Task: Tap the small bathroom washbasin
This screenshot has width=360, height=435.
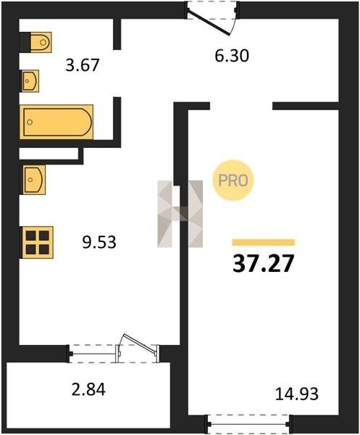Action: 30,80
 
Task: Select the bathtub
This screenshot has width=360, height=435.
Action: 56,122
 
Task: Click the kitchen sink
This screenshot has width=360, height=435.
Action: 33,180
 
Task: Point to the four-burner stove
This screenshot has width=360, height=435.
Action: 37,242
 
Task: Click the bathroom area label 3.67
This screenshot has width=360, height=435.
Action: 83,65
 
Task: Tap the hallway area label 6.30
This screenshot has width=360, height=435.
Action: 232,56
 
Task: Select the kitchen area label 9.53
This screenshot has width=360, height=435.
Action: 99,241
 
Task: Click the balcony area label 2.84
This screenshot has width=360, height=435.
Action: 88,389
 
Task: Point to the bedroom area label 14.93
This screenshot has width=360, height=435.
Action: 297,394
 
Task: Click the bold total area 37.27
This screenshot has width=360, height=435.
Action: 263,264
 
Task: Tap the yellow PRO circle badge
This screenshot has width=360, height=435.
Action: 233,181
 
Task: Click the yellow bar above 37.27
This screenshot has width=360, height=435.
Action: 263,242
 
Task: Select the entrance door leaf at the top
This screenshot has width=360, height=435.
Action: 209,22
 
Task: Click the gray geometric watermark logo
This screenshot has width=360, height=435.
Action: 180,214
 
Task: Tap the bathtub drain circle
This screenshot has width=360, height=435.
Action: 30,122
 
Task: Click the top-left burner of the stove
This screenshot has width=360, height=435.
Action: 30,236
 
